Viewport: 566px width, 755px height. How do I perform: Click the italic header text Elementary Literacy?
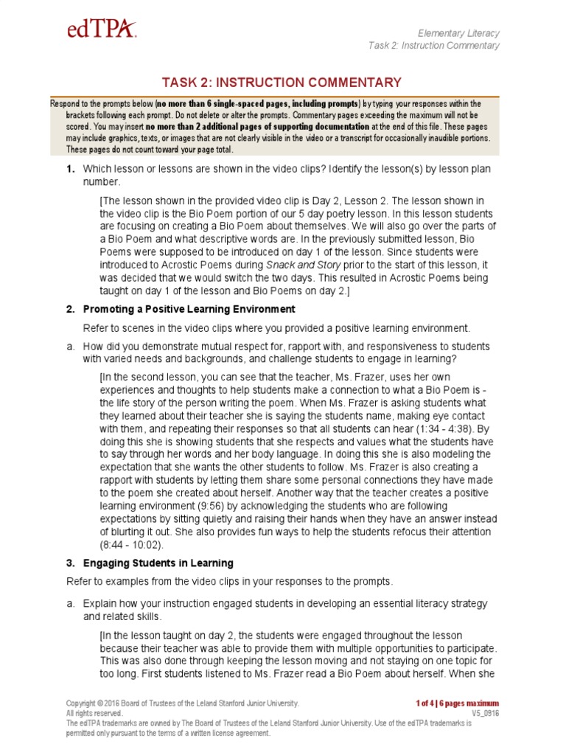tap(458, 33)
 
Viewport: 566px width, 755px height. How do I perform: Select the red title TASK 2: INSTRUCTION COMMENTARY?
tap(282, 83)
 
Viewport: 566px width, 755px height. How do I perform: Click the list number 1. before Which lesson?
tap(71, 170)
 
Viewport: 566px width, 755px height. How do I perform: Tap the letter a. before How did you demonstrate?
tap(71, 347)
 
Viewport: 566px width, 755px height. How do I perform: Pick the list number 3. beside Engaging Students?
tap(71, 563)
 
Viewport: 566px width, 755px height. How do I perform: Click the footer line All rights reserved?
tap(94, 714)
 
